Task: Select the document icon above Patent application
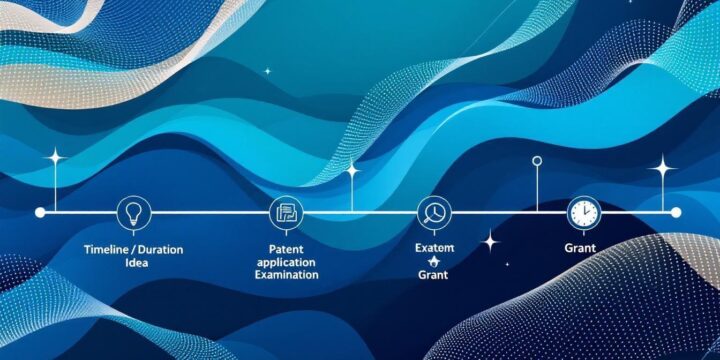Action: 285,212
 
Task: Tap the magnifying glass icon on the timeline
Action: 434,212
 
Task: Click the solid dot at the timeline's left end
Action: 40,212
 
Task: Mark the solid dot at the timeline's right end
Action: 676,212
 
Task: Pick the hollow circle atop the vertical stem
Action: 537,160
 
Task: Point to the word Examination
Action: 285,274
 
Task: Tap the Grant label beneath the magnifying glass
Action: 434,274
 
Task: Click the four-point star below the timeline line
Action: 490,241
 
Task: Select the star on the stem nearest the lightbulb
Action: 54,158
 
